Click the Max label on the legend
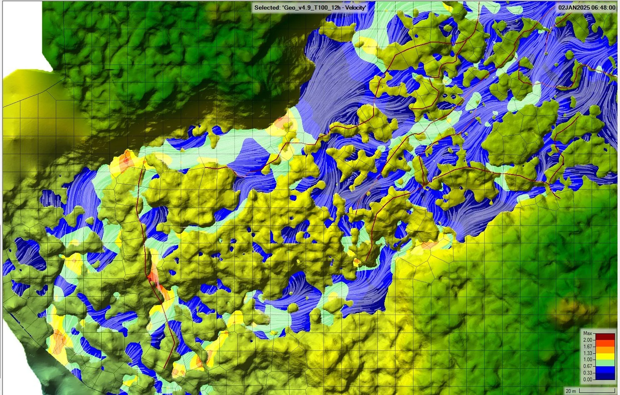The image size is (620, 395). pyautogui.click(x=588, y=333)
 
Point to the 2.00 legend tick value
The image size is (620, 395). pyautogui.click(x=588, y=340)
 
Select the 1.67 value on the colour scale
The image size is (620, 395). pyautogui.click(x=588, y=347)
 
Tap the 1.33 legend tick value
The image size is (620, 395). pyautogui.click(x=588, y=353)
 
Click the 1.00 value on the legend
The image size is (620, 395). pyautogui.click(x=588, y=360)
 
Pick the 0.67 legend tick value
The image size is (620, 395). pyautogui.click(x=588, y=366)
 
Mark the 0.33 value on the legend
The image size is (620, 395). pyautogui.click(x=588, y=373)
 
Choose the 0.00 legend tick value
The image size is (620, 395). pyautogui.click(x=588, y=380)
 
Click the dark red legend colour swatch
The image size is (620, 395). pyautogui.click(x=604, y=337)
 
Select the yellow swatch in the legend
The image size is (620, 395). pyautogui.click(x=604, y=356)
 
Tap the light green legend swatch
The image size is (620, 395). pyautogui.click(x=604, y=363)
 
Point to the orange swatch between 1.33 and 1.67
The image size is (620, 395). pyautogui.click(x=604, y=350)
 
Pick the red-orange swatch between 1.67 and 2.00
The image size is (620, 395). pyautogui.click(x=604, y=343)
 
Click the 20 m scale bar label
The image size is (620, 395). pyautogui.click(x=570, y=391)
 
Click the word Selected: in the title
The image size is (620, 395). pyautogui.click(x=267, y=7)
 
